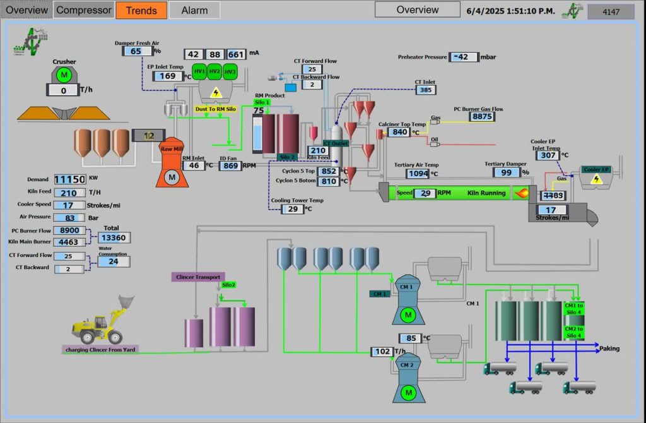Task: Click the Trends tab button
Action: [141, 10]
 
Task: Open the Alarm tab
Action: [194, 10]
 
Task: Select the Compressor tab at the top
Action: [84, 10]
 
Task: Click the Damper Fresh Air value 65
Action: [136, 51]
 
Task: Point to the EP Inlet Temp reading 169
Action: [168, 76]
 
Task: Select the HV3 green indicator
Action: [230, 72]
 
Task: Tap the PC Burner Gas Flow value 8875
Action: [483, 116]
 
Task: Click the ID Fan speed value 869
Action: [231, 166]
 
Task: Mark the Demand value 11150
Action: [69, 179]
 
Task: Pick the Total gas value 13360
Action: [114, 237]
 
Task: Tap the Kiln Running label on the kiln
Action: [486, 193]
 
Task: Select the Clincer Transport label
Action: [198, 277]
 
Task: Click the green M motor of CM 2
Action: [408, 393]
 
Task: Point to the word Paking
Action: [609, 349]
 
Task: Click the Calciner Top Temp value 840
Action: [400, 132]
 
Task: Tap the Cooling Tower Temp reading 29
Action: [292, 209]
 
